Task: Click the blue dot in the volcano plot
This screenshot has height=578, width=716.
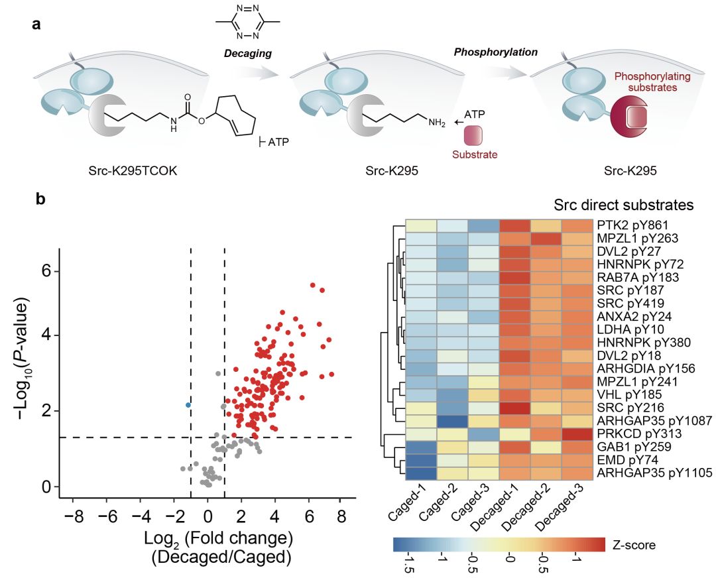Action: tap(188, 404)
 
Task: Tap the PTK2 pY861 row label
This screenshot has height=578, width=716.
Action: tap(628, 226)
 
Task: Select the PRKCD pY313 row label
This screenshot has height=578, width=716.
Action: tap(630, 434)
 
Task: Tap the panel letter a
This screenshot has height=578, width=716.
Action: tap(36, 25)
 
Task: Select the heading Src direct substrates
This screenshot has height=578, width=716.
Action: tap(623, 205)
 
